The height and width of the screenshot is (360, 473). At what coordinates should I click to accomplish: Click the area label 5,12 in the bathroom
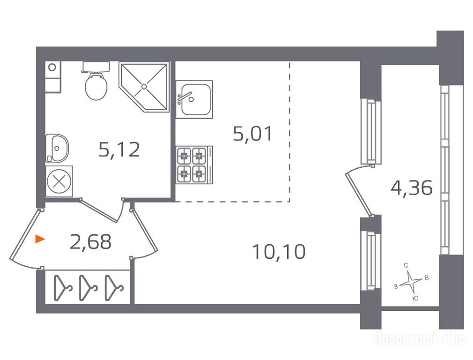[x=119, y=150]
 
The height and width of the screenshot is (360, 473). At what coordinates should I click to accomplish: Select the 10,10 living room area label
[x=279, y=252]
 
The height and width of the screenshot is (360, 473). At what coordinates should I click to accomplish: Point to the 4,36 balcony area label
[x=412, y=188]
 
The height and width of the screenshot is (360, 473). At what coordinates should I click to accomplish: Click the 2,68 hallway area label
[x=90, y=241]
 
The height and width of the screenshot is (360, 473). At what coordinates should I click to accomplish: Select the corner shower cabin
[x=144, y=87]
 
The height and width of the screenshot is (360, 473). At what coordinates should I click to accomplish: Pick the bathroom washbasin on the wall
[x=57, y=149]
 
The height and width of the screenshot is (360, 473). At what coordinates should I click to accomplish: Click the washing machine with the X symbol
[x=59, y=181]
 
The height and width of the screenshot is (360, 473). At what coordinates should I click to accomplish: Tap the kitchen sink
[x=194, y=99]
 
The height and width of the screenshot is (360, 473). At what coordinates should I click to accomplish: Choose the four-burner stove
[x=194, y=165]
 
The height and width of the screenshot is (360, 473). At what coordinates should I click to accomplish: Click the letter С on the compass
[x=406, y=265]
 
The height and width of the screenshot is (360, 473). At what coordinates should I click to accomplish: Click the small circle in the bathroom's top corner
[x=52, y=67]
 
